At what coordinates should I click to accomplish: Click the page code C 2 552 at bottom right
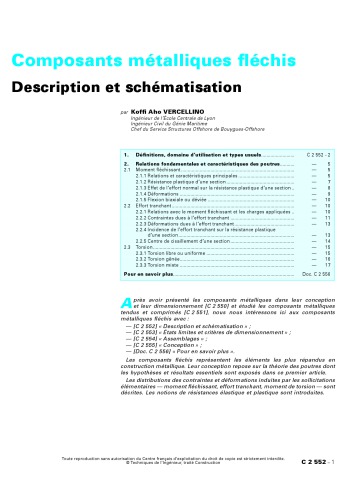click(329, 488)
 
